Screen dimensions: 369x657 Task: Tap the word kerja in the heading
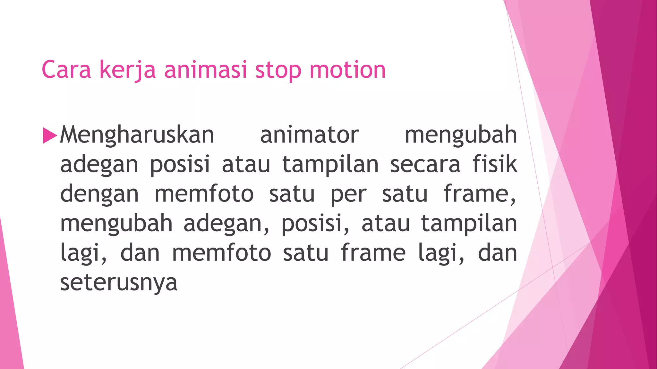click(127, 70)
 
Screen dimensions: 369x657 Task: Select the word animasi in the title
click(206, 70)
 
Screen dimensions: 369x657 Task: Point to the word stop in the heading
click(278, 70)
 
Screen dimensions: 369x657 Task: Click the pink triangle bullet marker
click(49, 135)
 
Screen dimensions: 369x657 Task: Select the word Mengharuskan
click(137, 135)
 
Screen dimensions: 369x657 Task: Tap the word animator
click(310, 135)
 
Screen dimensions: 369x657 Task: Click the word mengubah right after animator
click(461, 135)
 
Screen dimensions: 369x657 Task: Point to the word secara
click(425, 164)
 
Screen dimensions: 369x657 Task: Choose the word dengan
click(99, 194)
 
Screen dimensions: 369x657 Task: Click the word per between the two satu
click(349, 194)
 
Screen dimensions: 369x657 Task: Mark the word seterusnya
click(119, 283)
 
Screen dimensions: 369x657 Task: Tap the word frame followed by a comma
click(480, 194)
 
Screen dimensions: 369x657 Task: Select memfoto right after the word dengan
click(204, 194)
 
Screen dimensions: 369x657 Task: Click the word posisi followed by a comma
click(315, 223)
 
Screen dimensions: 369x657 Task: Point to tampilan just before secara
click(330, 164)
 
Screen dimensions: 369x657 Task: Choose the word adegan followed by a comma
click(226, 223)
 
